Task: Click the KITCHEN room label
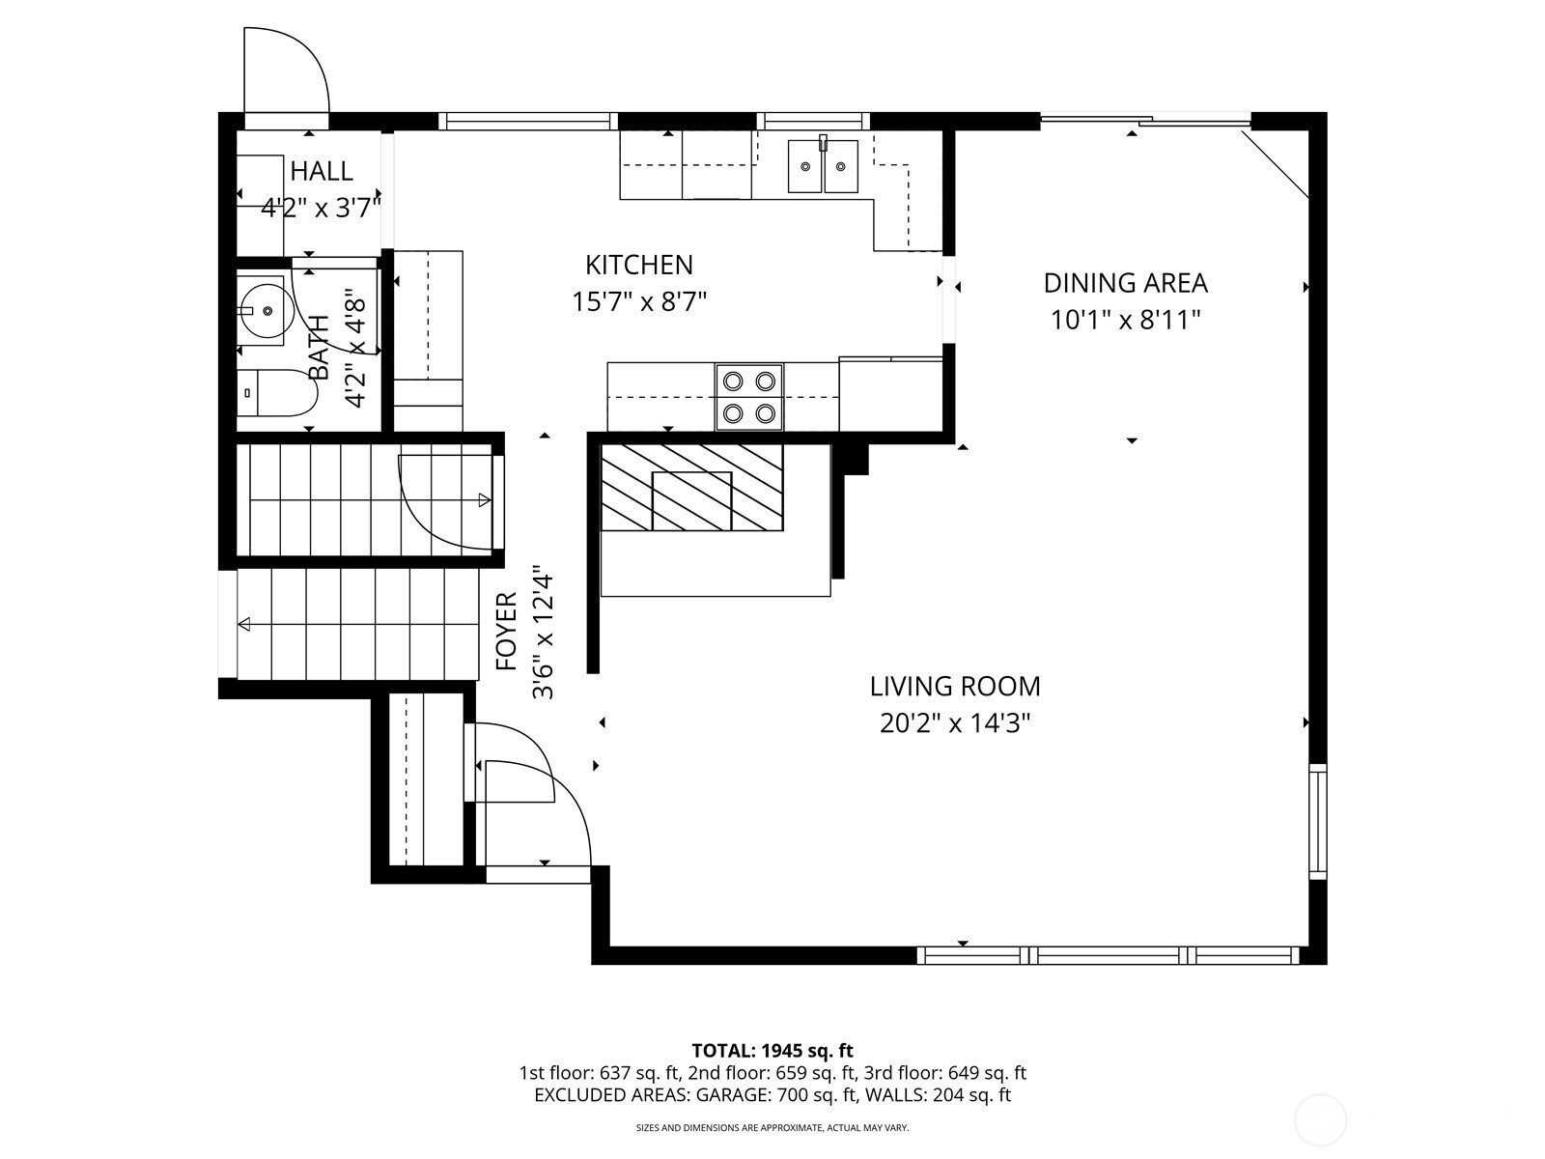coord(639,265)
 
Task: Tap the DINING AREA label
coord(1125,283)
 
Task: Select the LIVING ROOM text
coord(955,687)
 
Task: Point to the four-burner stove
coord(749,397)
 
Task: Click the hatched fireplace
coord(691,487)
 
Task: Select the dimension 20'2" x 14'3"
coord(955,723)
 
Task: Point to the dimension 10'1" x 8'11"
coord(1125,320)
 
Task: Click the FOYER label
coord(507,632)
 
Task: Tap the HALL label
coord(322,172)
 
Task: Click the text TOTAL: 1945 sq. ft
coord(772,1050)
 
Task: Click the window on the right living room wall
coord(1318,821)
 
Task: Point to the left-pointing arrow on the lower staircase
coord(245,625)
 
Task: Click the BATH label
coord(319,348)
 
